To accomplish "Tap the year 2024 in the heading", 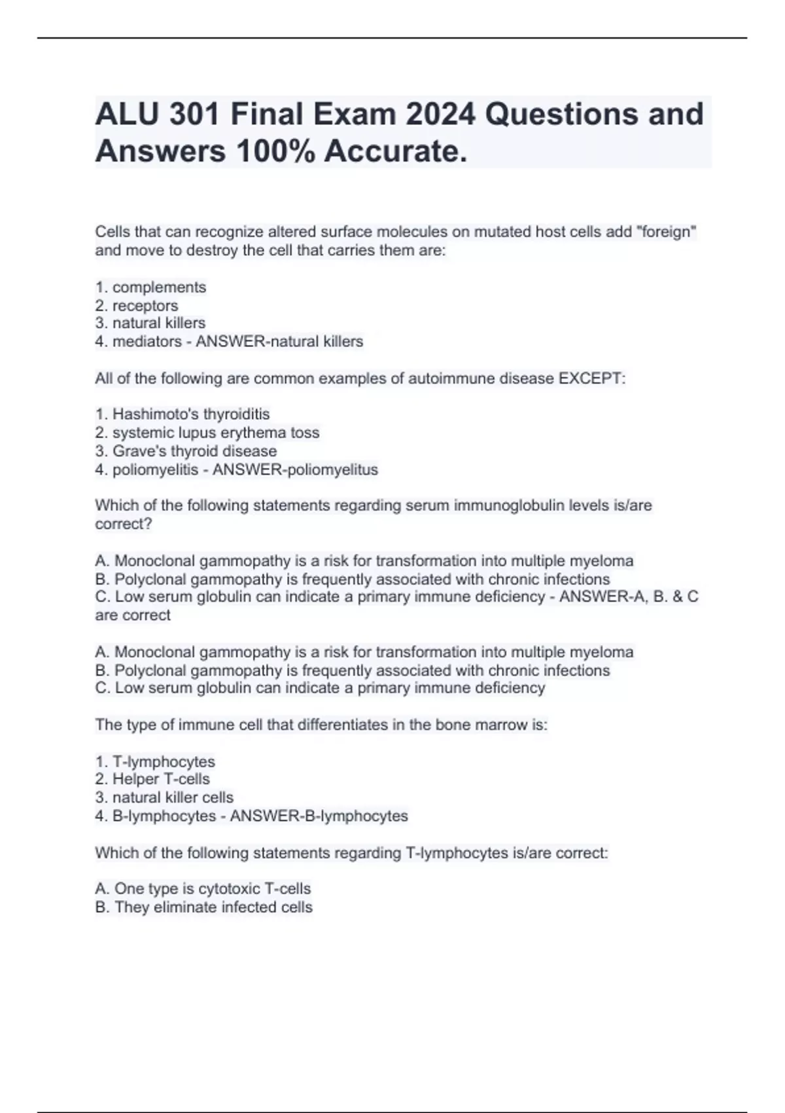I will point(440,114).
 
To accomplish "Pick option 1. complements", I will point(150,287).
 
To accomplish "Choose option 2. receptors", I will point(137,306).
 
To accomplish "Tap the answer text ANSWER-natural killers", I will point(279,342).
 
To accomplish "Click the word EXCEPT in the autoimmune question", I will point(591,378).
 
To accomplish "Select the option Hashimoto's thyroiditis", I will point(183,414).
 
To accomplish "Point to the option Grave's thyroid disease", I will point(186,451).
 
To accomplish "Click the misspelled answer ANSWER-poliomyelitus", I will point(295,470).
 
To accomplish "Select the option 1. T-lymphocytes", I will point(155,762).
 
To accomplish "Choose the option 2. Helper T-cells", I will point(152,779).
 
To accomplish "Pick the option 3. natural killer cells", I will point(164,797).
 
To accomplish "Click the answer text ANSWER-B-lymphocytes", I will point(319,816).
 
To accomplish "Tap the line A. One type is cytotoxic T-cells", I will point(203,889).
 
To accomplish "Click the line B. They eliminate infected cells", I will point(203,907).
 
